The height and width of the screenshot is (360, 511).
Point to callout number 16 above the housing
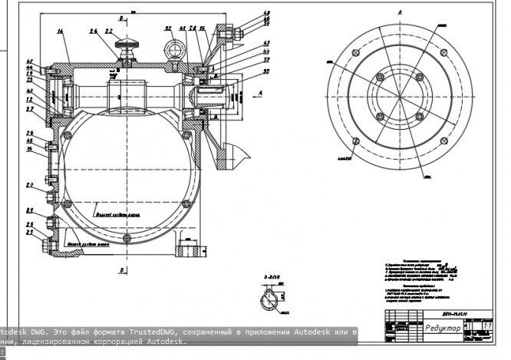click(60, 32)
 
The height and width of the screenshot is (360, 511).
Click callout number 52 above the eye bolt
click(167, 28)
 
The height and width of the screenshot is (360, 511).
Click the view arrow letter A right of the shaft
click(262, 91)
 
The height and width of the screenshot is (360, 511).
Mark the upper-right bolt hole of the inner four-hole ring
click(419, 76)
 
